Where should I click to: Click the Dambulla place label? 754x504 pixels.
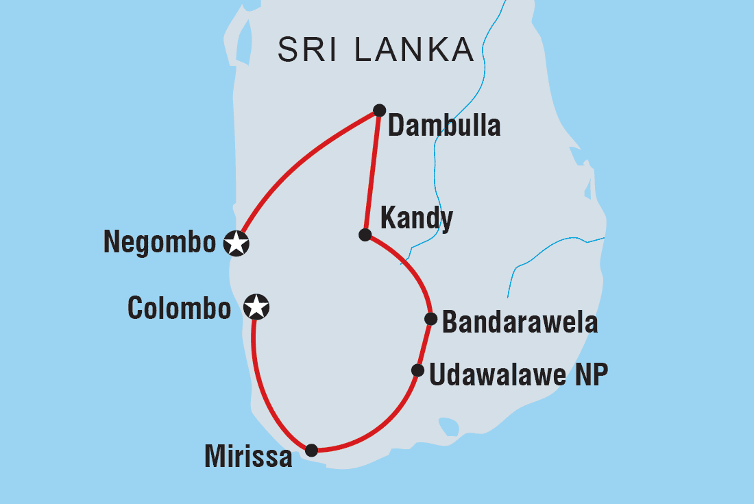[444, 126]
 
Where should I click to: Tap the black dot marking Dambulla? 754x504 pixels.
[379, 110]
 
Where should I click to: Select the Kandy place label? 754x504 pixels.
[416, 219]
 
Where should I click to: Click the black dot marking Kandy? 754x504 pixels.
[365, 235]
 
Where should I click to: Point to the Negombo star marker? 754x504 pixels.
[236, 242]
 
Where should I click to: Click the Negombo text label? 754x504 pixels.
[159, 242]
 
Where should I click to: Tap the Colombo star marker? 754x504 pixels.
[256, 307]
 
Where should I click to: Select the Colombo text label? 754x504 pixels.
[180, 309]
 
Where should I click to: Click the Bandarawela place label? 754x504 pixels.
[520, 322]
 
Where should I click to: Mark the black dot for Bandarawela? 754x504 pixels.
[430, 318]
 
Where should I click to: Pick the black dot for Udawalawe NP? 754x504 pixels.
[417, 370]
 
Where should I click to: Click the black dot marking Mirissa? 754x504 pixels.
[311, 450]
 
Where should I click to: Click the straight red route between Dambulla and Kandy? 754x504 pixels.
[372, 171]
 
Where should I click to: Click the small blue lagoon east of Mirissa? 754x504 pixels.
[449, 427]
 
